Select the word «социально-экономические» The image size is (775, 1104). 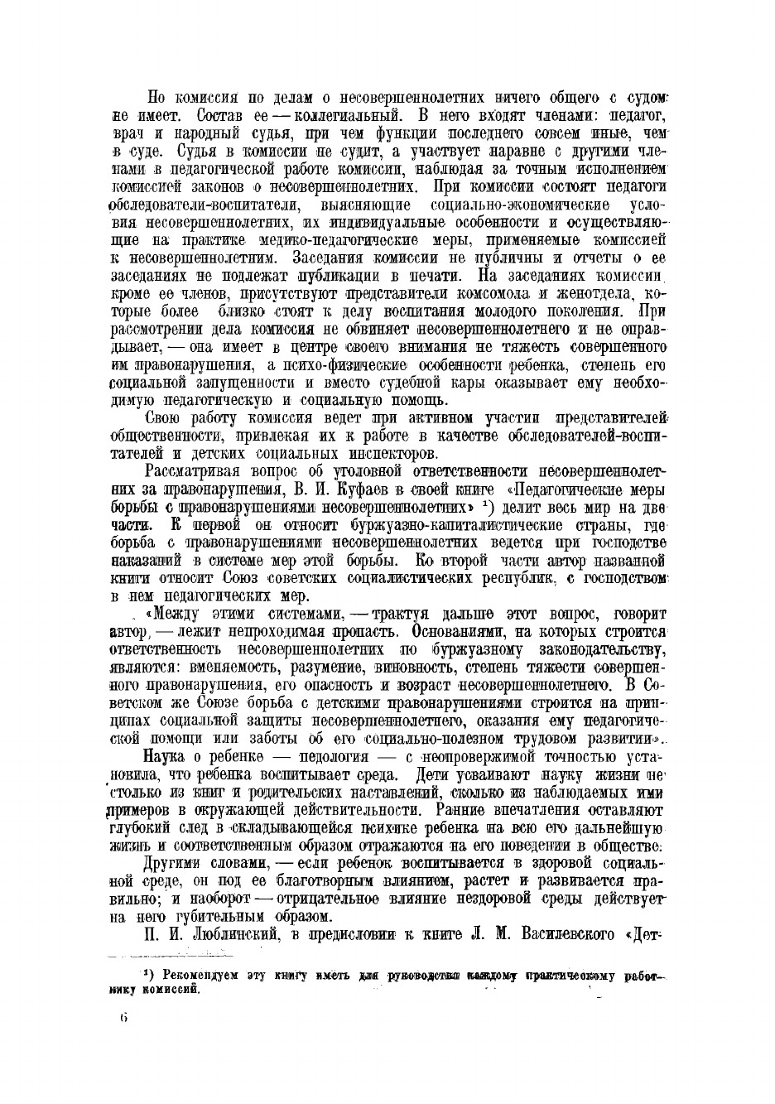tap(521, 204)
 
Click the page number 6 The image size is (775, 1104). tap(123, 1018)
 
